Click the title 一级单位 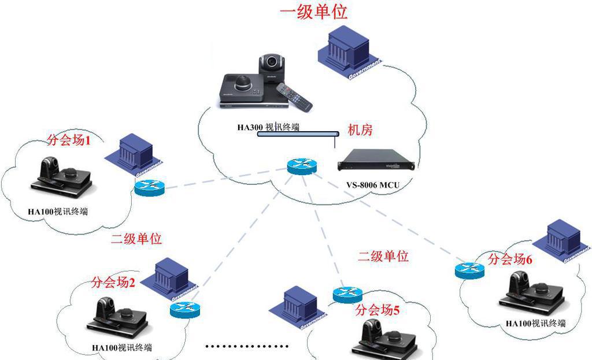(x=314, y=12)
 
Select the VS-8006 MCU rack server (x=376, y=161)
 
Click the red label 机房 (x=360, y=131)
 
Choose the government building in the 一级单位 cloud (x=349, y=54)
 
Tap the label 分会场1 (x=68, y=140)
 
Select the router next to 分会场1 (x=150, y=187)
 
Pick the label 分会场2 (x=113, y=283)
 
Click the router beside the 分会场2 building (x=184, y=309)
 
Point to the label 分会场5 (x=377, y=310)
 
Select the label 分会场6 (x=509, y=259)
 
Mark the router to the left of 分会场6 (x=469, y=270)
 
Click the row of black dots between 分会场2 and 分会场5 (x=247, y=347)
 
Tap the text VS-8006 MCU (x=373, y=185)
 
